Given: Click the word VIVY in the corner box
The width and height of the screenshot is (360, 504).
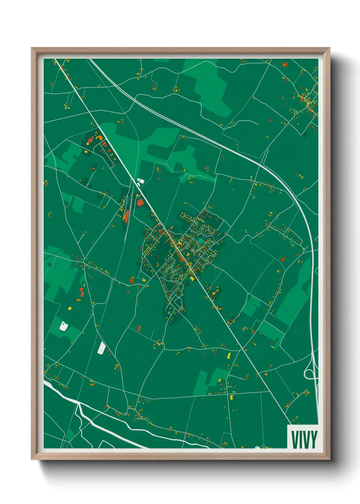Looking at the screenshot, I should click(304, 439).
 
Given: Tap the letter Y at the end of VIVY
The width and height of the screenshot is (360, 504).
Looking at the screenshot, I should click(314, 439).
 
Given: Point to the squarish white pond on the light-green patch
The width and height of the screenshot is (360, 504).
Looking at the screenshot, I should click(63, 326).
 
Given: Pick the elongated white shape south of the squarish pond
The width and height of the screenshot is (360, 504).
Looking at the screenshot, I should click(101, 348).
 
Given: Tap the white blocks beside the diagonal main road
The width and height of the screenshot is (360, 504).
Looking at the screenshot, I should click(140, 181).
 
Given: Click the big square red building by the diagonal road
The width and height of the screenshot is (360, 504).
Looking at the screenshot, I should click(140, 203).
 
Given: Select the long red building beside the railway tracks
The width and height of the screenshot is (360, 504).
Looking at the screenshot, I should click(126, 216).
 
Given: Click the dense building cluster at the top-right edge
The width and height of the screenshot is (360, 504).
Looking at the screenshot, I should click(308, 100).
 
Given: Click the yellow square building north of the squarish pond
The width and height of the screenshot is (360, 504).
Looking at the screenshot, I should click(70, 309).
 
